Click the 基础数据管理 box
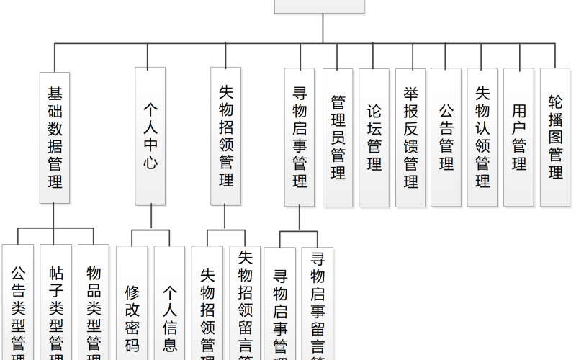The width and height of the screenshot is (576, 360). (x=55, y=136)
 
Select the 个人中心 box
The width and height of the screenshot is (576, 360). (x=150, y=136)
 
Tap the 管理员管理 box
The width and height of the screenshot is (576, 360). (x=338, y=138)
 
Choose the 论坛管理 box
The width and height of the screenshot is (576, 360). (x=374, y=138)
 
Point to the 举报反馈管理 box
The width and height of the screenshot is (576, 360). (x=410, y=138)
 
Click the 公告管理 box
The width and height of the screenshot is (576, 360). (x=446, y=138)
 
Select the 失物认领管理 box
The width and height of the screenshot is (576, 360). (x=482, y=138)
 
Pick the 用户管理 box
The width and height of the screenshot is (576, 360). (x=519, y=138)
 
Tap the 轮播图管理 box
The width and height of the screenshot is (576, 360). (x=555, y=138)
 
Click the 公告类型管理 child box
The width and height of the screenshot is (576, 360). (x=18, y=306)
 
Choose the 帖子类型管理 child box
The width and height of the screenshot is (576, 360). (x=55, y=306)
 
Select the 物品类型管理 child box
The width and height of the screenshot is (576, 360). (x=93, y=306)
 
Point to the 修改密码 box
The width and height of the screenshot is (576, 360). (x=132, y=306)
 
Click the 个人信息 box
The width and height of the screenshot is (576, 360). (x=170, y=306)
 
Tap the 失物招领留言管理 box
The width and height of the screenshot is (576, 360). (x=245, y=306)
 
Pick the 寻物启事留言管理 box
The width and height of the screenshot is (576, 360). (x=318, y=306)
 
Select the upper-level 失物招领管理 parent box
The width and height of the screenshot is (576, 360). (x=225, y=136)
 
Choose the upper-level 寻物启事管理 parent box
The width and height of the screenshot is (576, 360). (x=300, y=138)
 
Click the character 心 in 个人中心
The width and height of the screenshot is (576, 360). (x=150, y=163)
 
